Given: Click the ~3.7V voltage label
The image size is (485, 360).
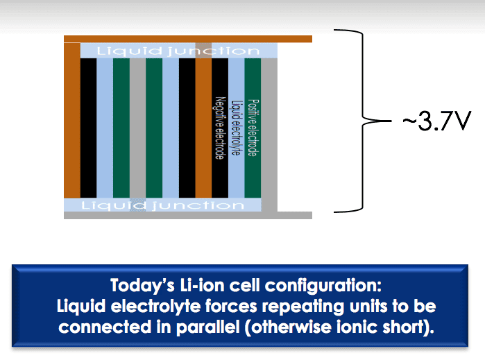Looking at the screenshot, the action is click(x=436, y=121).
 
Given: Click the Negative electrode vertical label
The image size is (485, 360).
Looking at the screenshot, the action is click(x=219, y=128).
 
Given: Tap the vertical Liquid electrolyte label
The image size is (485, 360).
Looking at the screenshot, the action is click(x=236, y=128).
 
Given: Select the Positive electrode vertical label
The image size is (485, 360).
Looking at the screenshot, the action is click(x=253, y=128).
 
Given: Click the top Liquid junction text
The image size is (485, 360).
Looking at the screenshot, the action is click(x=178, y=51).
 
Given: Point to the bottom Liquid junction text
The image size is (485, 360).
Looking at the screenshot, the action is click(x=162, y=205).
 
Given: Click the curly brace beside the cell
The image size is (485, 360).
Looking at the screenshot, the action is click(x=362, y=121).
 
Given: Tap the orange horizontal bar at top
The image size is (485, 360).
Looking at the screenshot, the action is click(x=188, y=39).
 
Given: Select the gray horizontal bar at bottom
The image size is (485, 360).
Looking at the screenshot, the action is click(x=188, y=215).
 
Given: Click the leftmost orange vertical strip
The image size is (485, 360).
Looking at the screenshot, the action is click(x=72, y=120).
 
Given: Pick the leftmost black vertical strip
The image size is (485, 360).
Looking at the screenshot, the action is click(x=88, y=128).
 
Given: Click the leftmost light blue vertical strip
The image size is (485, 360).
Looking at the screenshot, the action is click(x=105, y=128).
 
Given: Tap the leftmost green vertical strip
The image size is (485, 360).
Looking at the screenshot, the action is click(x=121, y=128).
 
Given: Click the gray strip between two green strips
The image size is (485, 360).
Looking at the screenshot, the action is click(x=137, y=128).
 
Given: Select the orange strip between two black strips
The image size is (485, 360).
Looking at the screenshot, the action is click(x=203, y=128).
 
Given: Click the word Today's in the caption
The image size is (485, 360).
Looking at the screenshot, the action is click(x=142, y=286).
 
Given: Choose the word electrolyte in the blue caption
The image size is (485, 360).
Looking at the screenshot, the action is click(x=156, y=307).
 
